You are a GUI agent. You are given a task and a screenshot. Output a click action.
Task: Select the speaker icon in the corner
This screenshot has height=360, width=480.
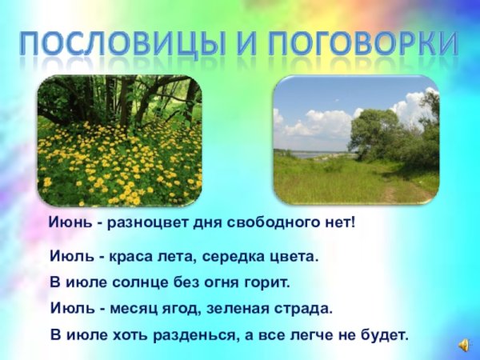point(464,343)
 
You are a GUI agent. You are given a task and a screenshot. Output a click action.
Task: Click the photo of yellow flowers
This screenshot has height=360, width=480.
point(120,141)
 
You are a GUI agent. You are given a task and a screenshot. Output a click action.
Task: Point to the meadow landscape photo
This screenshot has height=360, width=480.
point(355,141)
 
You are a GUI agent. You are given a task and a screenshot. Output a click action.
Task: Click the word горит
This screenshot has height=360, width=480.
point(262,284)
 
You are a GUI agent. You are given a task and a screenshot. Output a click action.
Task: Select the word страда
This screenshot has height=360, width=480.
point(305,308)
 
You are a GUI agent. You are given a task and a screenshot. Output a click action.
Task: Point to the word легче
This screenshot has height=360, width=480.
point(309,334)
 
